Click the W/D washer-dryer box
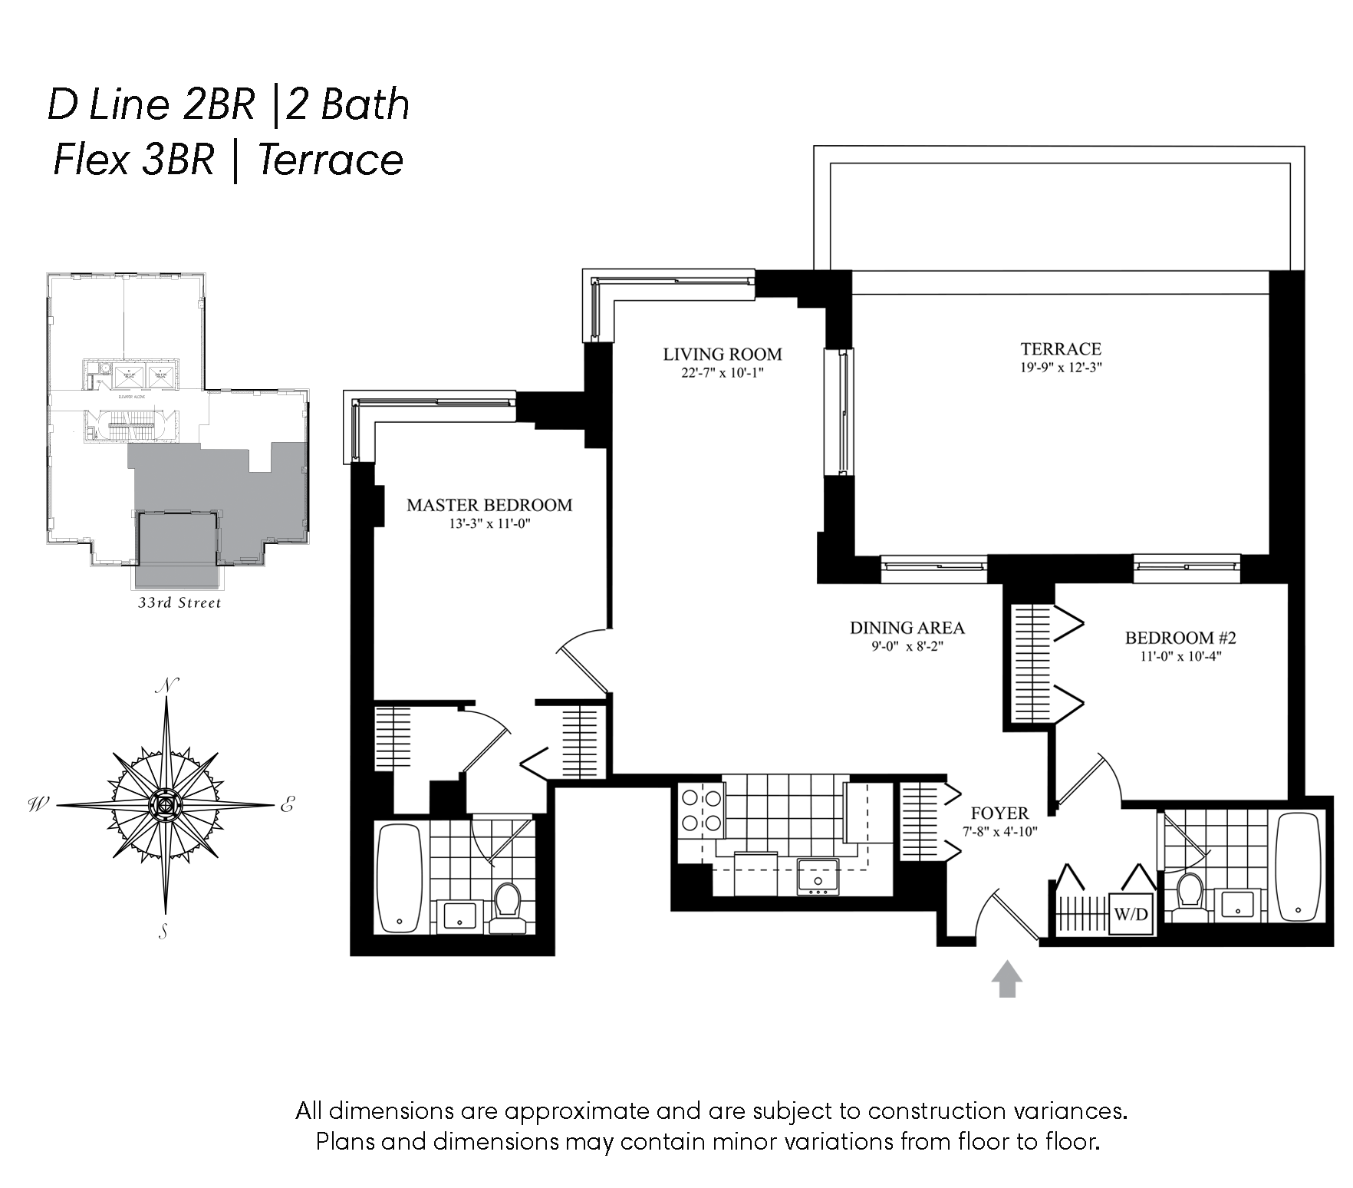1131,914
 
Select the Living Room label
722,354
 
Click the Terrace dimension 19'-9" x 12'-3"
1061,368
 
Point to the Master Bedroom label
489,505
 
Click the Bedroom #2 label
1180,637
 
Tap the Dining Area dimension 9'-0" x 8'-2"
907,646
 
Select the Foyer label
999,813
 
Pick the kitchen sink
818,876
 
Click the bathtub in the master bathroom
400,879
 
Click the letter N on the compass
166,685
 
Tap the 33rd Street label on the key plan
179,602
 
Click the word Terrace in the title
331,160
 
